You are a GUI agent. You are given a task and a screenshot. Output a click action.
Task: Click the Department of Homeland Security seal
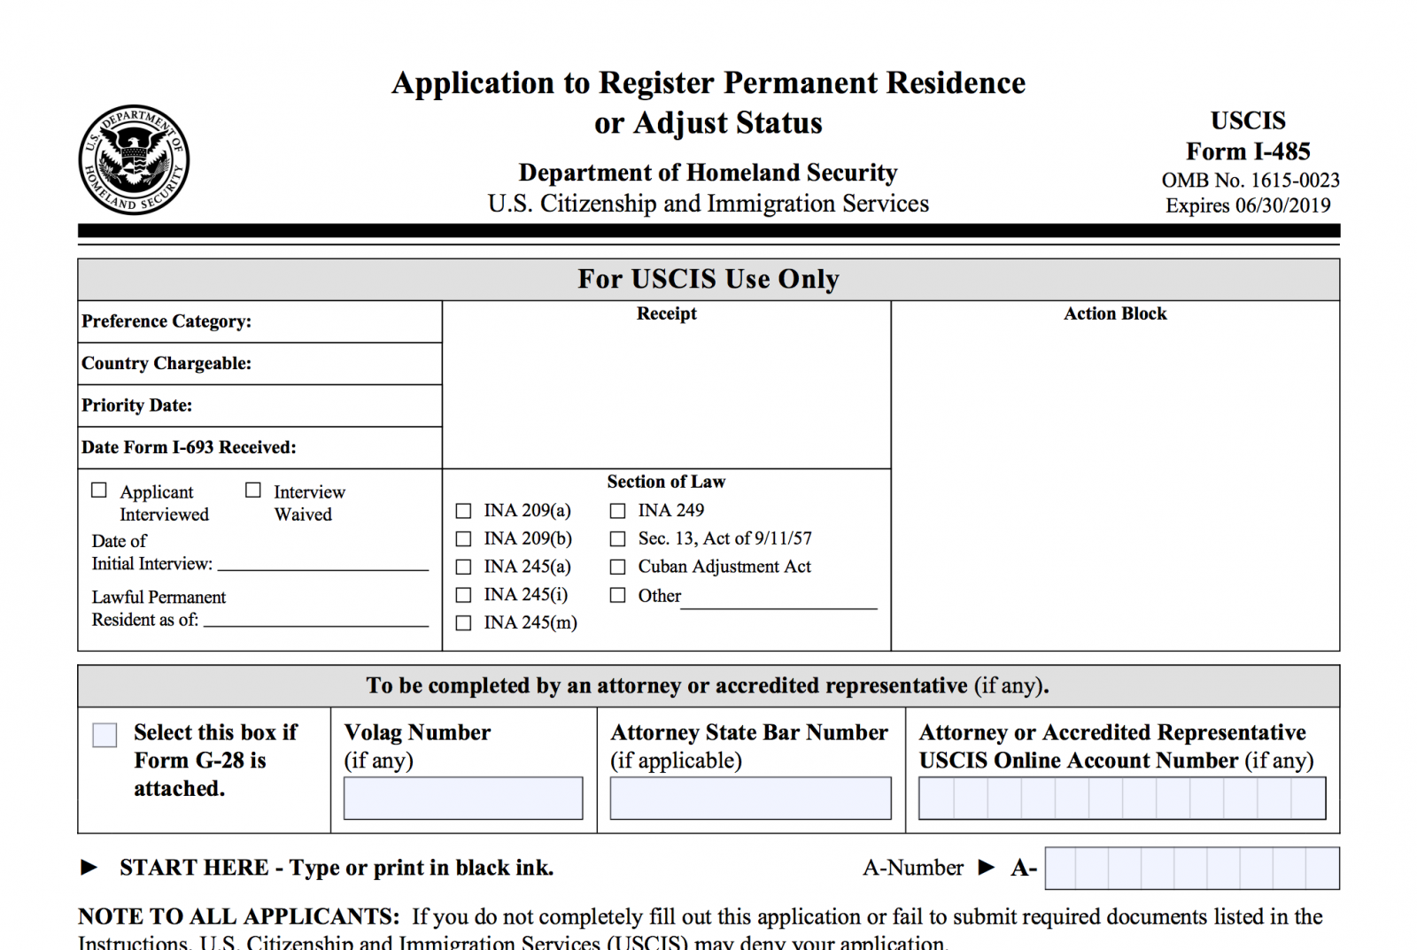pyautogui.click(x=134, y=159)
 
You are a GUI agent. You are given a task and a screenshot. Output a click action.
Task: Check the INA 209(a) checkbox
pyautogui.click(x=463, y=511)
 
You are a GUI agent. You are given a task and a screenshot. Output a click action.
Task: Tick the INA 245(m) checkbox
pyautogui.click(x=463, y=623)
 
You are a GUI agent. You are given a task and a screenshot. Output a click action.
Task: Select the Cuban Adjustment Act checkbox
pyautogui.click(x=617, y=567)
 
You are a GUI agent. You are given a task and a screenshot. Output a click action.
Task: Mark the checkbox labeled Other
pyautogui.click(x=617, y=596)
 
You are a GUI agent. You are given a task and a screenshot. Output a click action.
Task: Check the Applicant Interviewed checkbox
pyautogui.click(x=99, y=490)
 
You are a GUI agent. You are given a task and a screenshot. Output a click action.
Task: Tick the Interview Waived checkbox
pyautogui.click(x=253, y=490)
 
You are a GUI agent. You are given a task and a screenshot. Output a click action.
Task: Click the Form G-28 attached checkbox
pyautogui.click(x=105, y=735)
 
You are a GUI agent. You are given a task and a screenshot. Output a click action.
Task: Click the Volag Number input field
pyautogui.click(x=463, y=798)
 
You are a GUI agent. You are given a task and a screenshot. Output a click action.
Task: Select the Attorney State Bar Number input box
pyautogui.click(x=750, y=798)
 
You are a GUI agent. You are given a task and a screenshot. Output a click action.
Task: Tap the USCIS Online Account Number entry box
pyautogui.click(x=1121, y=798)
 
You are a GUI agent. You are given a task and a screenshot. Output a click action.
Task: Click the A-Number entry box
pyautogui.click(x=1191, y=868)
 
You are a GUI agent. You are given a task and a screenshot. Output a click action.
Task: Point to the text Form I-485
pyautogui.click(x=1247, y=151)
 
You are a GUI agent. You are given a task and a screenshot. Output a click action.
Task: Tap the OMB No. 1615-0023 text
pyautogui.click(x=1250, y=181)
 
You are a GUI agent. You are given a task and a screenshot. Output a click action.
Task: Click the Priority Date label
pyautogui.click(x=137, y=405)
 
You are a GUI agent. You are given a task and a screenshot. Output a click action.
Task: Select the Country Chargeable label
pyautogui.click(x=166, y=364)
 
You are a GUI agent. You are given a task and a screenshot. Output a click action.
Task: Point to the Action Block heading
pyautogui.click(x=1115, y=313)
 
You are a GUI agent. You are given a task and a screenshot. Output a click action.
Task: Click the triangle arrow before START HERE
pyautogui.click(x=89, y=868)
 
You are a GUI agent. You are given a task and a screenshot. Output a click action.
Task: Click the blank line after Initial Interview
pyautogui.click(x=323, y=567)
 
